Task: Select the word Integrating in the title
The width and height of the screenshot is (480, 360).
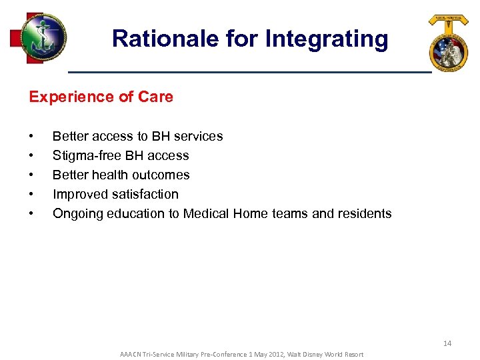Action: point(327,39)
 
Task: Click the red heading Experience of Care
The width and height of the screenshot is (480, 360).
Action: point(101,97)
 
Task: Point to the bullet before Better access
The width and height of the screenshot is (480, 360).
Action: point(31,137)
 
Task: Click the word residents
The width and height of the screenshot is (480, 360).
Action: point(365,213)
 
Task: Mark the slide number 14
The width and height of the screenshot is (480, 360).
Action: point(447,343)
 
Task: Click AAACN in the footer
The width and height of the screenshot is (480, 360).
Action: point(131,354)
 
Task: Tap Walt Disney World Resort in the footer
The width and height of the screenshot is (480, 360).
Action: point(325,354)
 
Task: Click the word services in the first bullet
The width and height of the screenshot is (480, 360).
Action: point(198,136)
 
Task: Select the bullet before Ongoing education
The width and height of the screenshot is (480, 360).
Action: point(31,214)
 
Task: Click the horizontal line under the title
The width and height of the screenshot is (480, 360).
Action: point(250,71)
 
